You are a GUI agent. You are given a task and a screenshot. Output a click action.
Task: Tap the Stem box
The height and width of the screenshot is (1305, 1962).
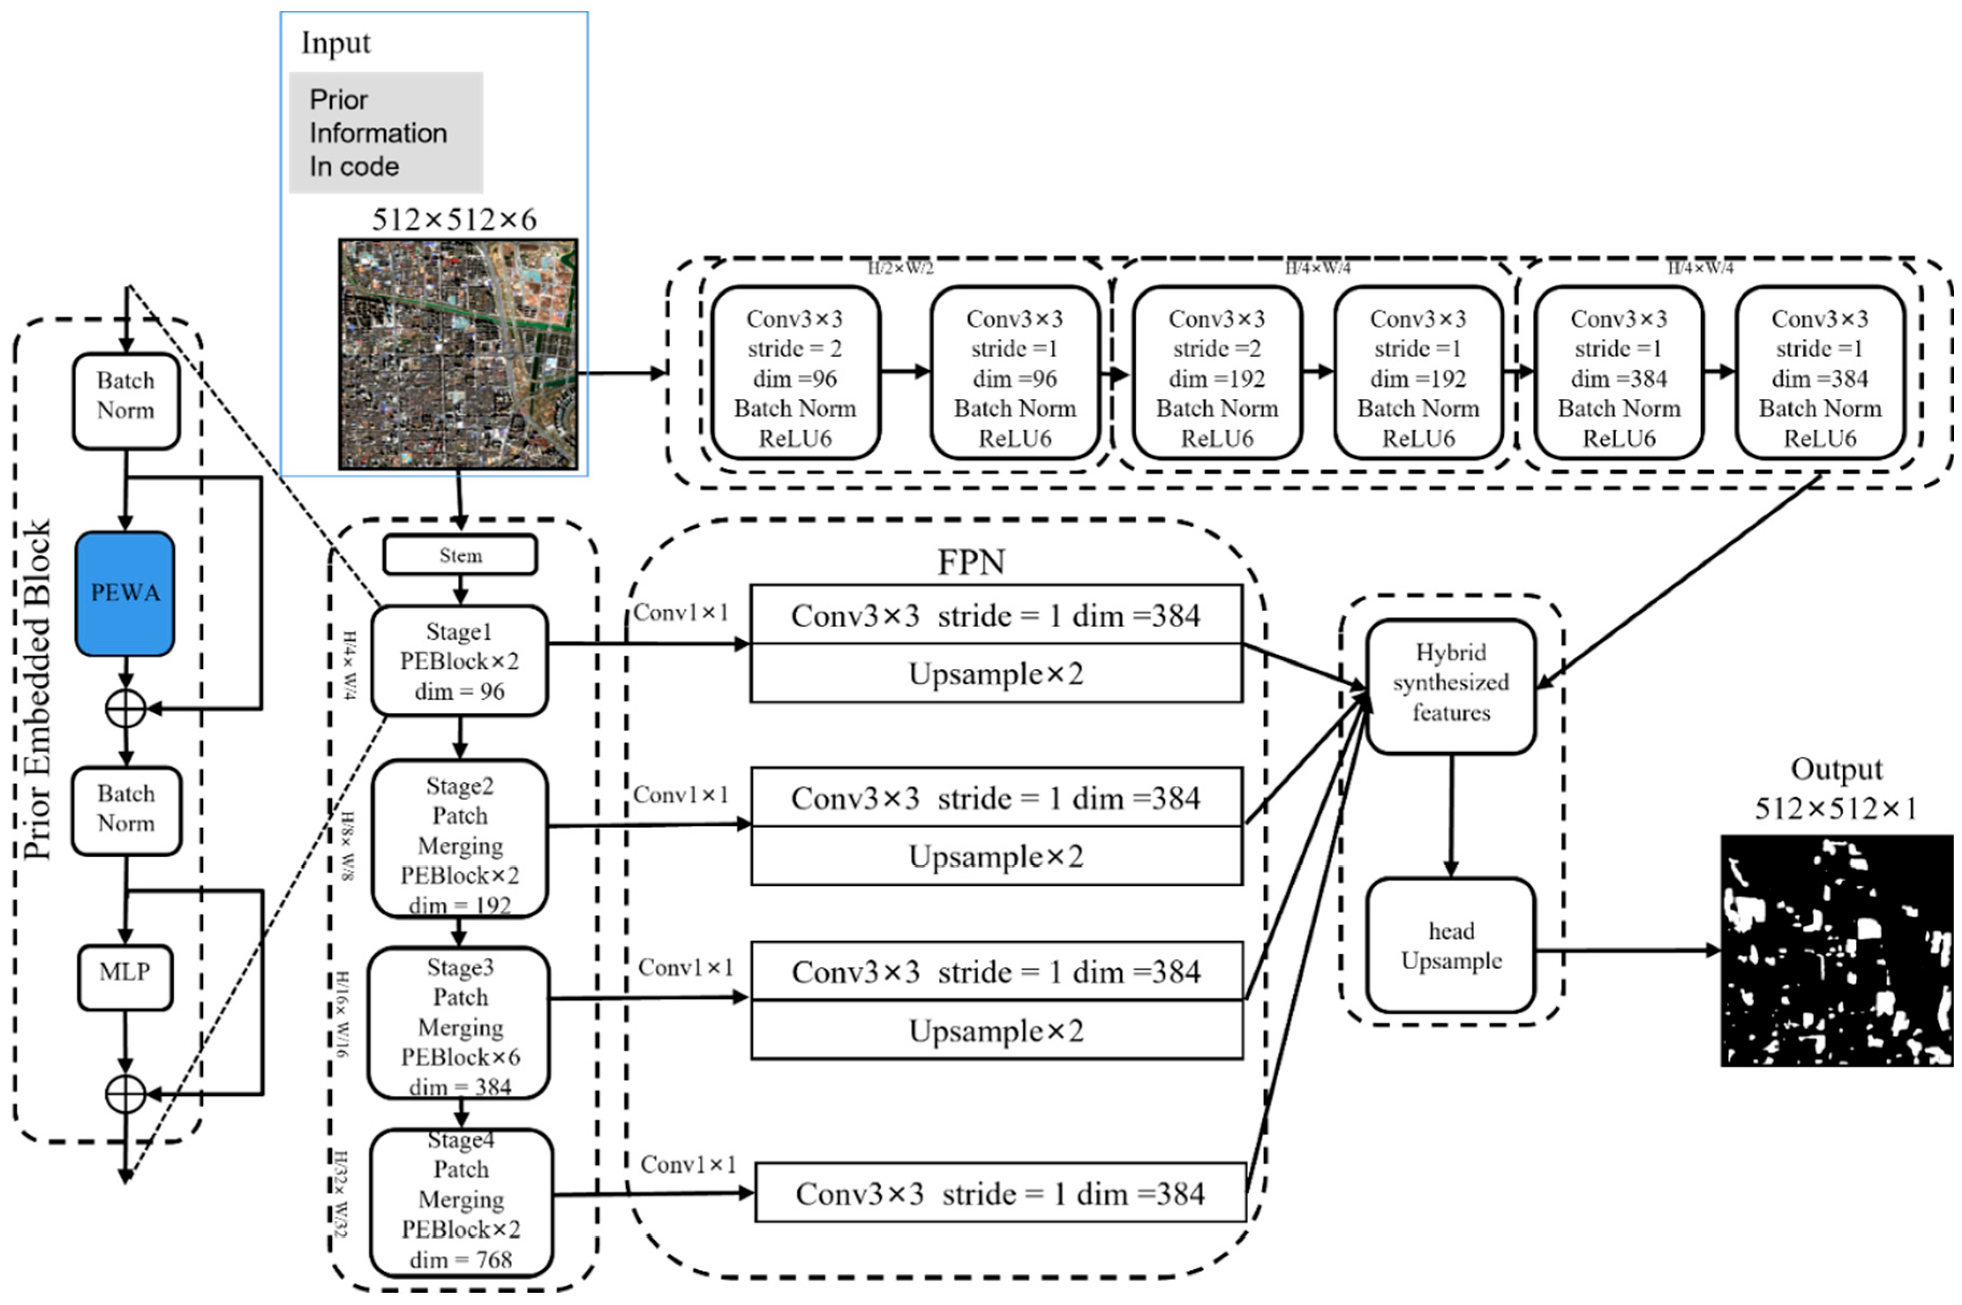point(459,555)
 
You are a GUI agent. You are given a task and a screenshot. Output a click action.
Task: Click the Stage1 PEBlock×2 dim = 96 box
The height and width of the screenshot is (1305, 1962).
point(459,661)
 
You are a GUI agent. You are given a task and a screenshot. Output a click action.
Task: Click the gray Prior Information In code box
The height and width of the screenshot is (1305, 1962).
point(386,132)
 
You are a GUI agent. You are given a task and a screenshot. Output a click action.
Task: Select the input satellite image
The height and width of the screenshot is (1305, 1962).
point(457,354)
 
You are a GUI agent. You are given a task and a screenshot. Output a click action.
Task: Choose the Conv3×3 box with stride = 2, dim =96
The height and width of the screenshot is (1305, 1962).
point(795,373)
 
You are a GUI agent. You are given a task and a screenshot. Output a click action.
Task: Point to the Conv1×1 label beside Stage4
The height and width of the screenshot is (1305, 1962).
point(688,1164)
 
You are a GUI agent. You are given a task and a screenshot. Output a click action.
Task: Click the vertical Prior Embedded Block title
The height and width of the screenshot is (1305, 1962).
point(38,691)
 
